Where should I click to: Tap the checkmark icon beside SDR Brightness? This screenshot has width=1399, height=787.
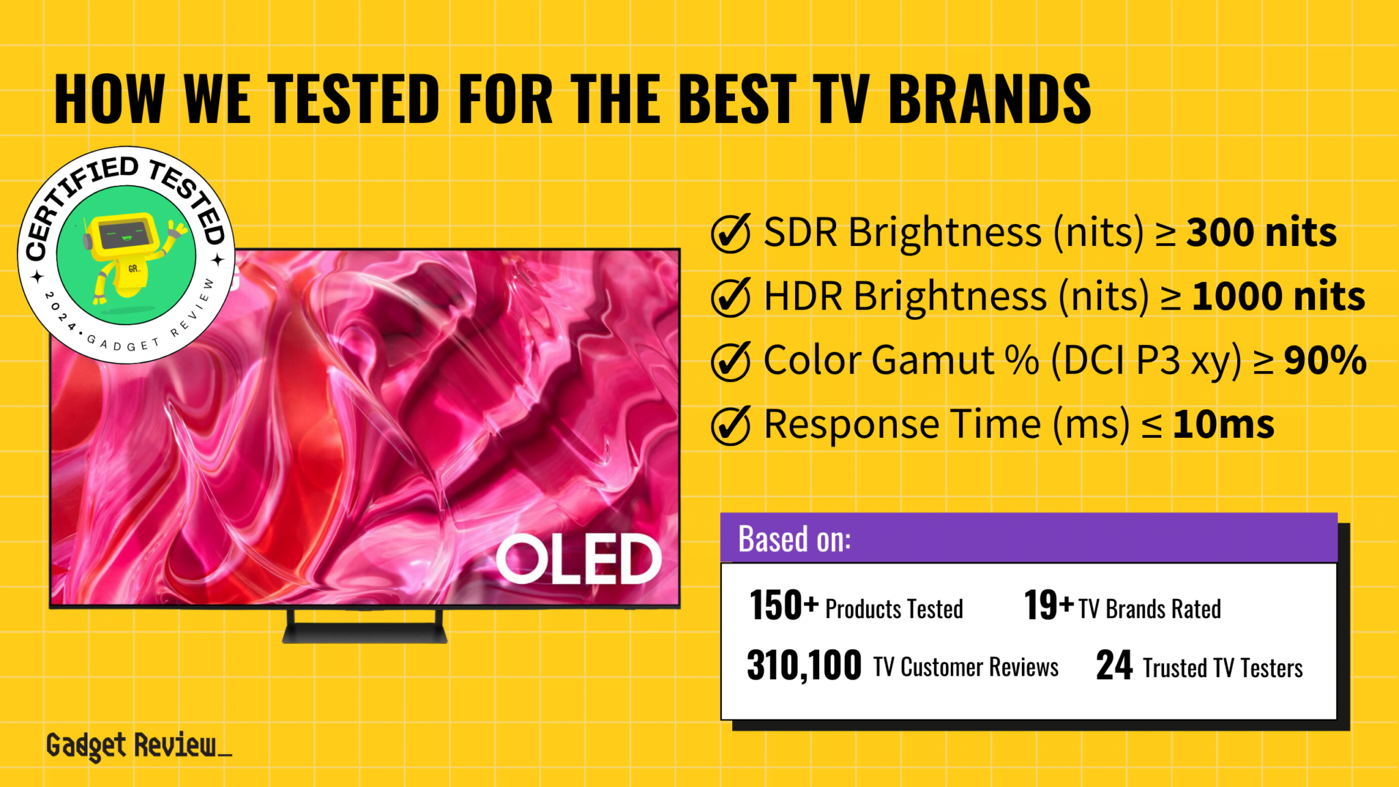click(x=730, y=233)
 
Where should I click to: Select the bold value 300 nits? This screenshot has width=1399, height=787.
click(x=1261, y=233)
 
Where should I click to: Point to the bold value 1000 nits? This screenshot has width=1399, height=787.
click(x=1278, y=296)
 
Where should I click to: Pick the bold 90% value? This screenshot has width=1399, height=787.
click(x=1325, y=360)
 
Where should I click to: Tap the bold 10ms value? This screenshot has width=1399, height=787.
click(x=1223, y=424)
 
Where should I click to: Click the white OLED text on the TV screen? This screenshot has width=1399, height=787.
click(x=579, y=560)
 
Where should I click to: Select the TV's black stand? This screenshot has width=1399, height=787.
click(x=365, y=628)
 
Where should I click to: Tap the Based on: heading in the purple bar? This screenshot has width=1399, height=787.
click(x=794, y=539)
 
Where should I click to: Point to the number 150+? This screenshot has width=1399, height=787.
click(x=783, y=605)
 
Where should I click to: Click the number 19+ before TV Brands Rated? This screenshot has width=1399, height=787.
click(x=1049, y=605)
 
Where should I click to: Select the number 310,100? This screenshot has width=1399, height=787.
click(x=804, y=665)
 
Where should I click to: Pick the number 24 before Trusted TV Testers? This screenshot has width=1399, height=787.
click(x=1114, y=665)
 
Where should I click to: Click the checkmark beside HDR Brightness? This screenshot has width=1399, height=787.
click(x=730, y=297)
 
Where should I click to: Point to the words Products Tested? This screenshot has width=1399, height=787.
click(x=894, y=609)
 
